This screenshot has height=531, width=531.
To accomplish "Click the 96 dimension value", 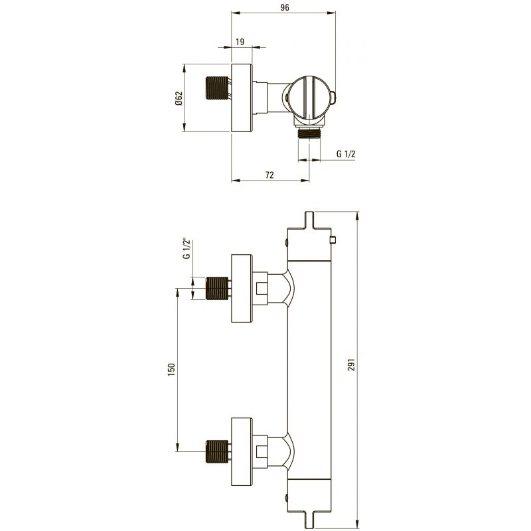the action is point(285,7).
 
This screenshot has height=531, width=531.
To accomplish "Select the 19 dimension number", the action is point(240,42).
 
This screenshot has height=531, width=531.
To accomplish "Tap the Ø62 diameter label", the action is point(179,98).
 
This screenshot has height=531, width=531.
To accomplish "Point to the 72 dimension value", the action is point(269,175).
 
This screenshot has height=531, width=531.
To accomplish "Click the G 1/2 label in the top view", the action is point(346,154).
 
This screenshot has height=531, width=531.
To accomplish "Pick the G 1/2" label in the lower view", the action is point(187,250).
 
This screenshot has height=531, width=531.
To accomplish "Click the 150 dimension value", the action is point(171,370).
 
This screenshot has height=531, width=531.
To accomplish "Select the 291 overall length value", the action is point(352,364).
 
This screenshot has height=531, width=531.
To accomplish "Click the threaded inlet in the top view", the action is point(217,88).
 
